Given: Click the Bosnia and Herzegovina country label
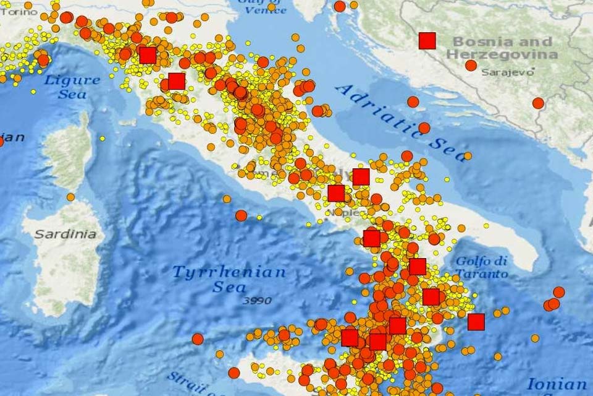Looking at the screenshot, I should (x=502, y=48).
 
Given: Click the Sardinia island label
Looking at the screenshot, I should (x=65, y=235).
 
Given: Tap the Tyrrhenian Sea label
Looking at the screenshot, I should (x=229, y=279).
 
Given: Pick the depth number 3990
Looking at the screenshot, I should (x=258, y=301).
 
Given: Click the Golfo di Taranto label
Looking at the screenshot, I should (x=482, y=267).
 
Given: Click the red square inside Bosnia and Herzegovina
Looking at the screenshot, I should (x=427, y=41).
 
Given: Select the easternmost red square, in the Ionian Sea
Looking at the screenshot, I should (x=476, y=322).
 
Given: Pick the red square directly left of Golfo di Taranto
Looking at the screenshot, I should (x=418, y=267).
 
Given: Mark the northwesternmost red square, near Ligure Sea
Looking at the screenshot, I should (x=147, y=55).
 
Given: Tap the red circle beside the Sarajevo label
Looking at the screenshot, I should (x=471, y=65).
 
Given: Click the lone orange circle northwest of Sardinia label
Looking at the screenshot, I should (x=71, y=197).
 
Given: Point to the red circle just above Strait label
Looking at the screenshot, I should (x=233, y=372).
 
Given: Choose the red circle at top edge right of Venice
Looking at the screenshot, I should (x=340, y=6).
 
